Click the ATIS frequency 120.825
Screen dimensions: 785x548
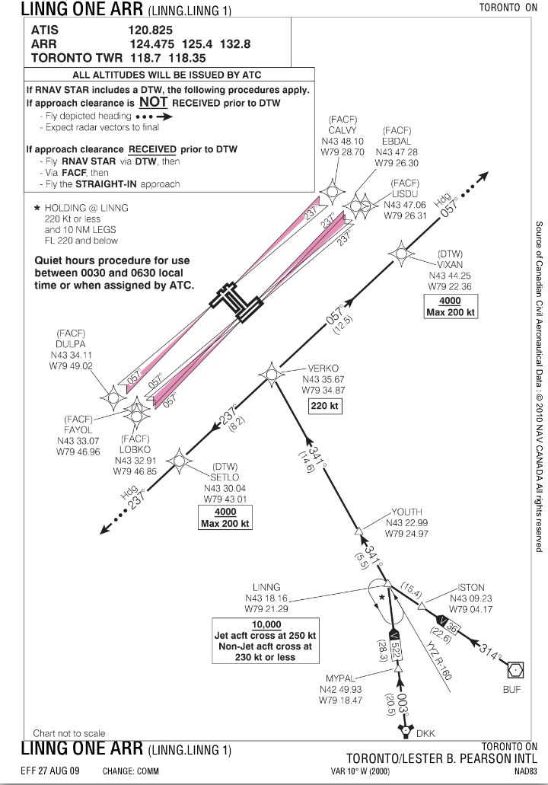156,30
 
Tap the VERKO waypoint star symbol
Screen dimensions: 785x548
271,374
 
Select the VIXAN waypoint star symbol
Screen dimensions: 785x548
400,254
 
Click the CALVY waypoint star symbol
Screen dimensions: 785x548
333,191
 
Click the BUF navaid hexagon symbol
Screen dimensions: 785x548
515,670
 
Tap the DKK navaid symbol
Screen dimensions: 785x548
406,731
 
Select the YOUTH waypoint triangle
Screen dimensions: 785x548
358,531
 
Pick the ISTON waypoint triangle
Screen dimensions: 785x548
422,605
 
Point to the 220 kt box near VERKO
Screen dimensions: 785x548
325,406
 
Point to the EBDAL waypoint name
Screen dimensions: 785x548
397,142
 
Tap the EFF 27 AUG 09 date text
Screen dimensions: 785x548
51,771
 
